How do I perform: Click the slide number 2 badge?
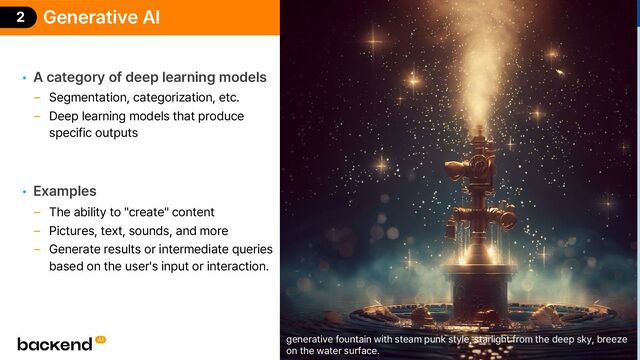coord(19,17)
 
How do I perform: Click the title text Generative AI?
coord(101,17)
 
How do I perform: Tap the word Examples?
coord(65,190)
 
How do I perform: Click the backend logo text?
coord(54,343)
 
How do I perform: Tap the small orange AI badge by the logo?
coord(101,340)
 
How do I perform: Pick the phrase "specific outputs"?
coord(94,133)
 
